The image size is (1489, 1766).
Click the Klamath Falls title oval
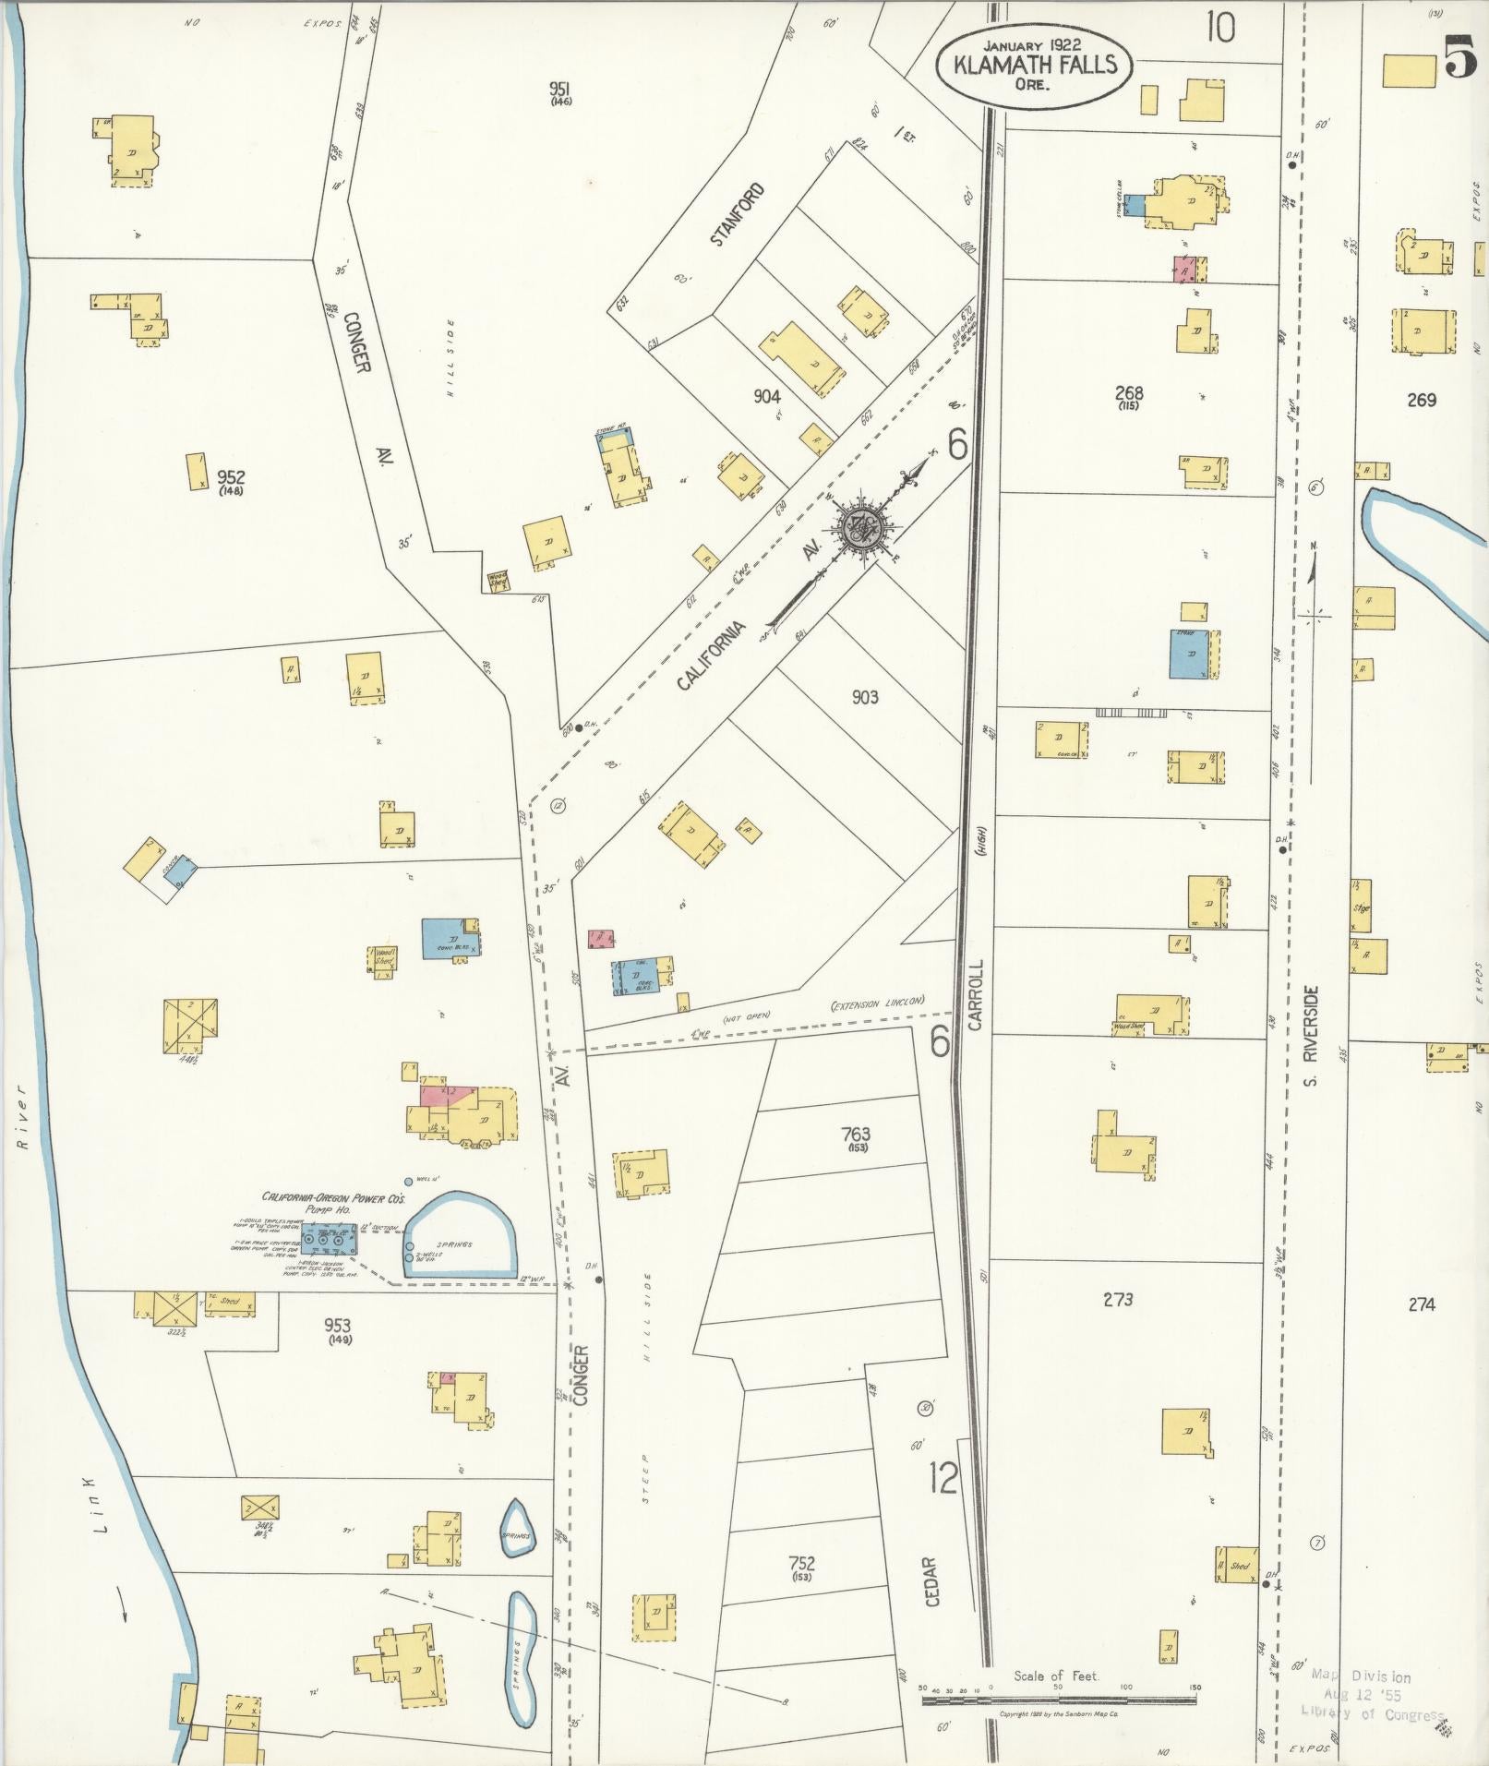click(1034, 65)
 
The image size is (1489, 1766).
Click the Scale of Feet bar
click(1059, 1700)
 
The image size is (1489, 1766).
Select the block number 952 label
click(231, 478)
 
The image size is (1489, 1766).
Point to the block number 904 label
click(766, 397)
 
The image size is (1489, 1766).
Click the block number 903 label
click(864, 697)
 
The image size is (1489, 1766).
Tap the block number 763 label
click(855, 1135)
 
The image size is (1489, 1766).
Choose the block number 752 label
click(801, 1564)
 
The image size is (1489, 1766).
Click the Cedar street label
click(931, 1582)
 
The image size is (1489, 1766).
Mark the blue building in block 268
click(1191, 655)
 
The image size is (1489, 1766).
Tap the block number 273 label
click(1117, 1301)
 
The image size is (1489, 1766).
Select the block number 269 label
click(1422, 400)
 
